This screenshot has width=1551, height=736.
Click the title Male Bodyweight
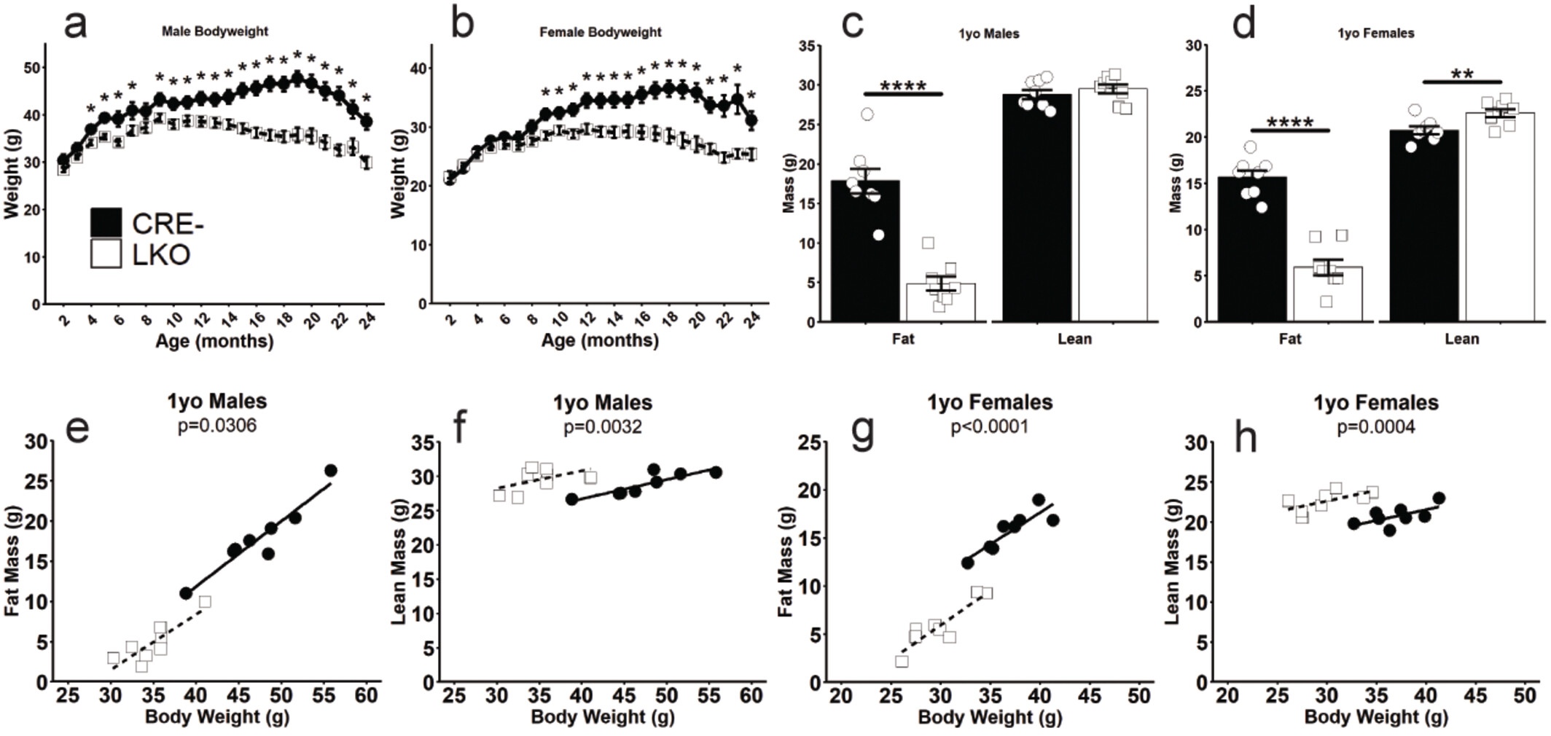click(x=215, y=32)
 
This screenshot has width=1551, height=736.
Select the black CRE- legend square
click(x=106, y=222)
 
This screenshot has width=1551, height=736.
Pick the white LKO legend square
click(x=106, y=255)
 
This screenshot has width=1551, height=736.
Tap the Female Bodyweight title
click(x=601, y=32)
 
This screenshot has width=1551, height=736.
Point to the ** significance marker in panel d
click(x=1462, y=74)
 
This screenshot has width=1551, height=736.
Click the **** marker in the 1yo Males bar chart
click(x=903, y=87)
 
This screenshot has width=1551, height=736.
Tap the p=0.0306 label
click(x=217, y=426)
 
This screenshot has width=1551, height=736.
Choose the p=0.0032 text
click(x=603, y=426)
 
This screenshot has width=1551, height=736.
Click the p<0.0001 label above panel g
click(x=990, y=426)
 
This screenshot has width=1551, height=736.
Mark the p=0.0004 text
click(x=1376, y=427)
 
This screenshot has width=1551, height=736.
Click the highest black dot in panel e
click(x=330, y=471)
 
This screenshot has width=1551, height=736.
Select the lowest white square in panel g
click(x=902, y=661)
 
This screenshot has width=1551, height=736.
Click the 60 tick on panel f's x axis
click(x=751, y=696)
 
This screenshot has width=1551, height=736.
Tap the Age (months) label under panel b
click(x=600, y=340)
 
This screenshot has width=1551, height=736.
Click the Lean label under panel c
click(x=1075, y=339)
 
